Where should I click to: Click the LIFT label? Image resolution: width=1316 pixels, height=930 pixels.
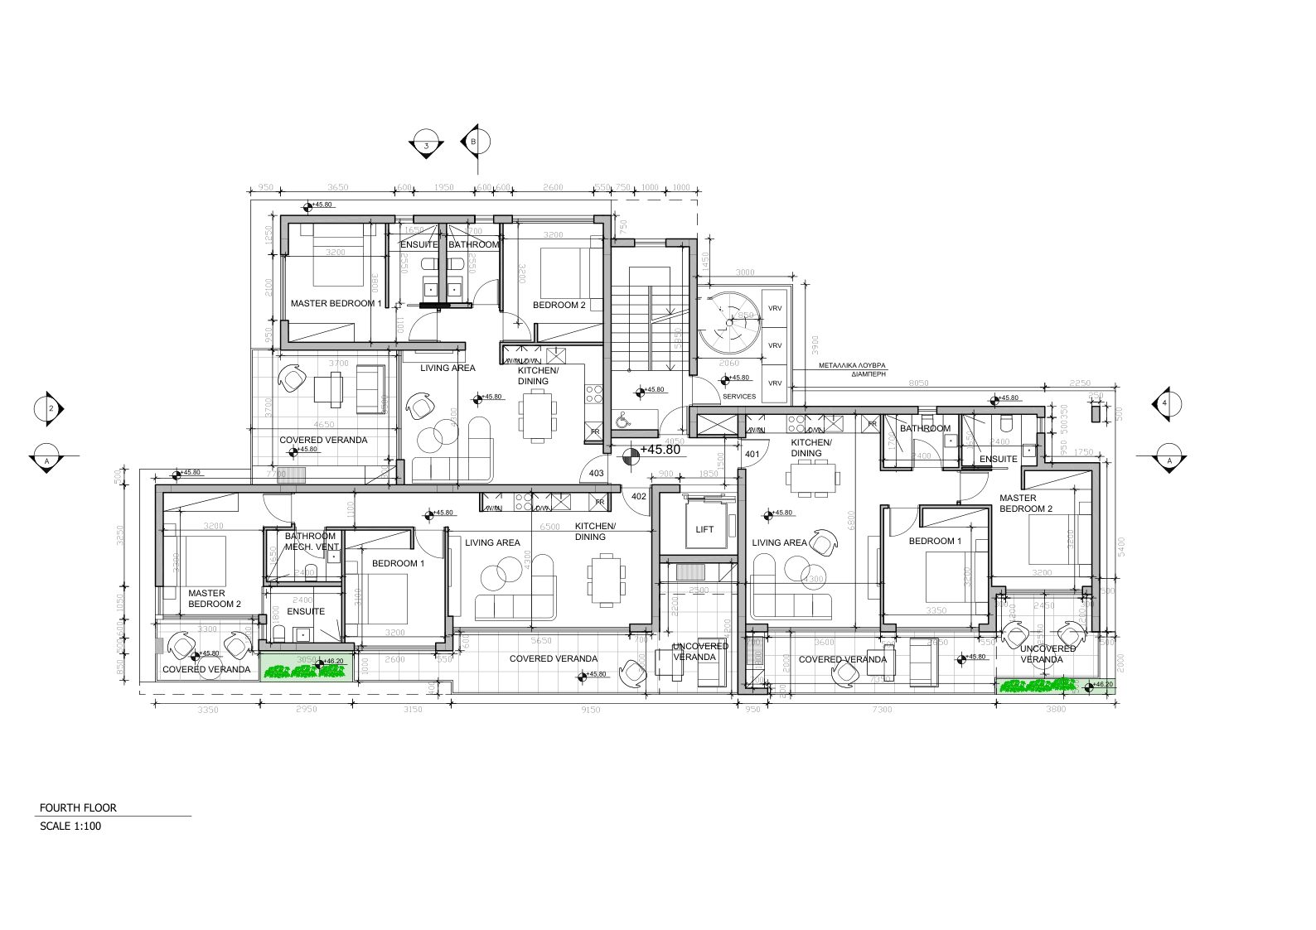(x=704, y=529)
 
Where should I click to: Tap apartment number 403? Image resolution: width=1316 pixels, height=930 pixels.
(x=596, y=474)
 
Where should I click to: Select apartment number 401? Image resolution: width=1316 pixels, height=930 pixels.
(x=752, y=455)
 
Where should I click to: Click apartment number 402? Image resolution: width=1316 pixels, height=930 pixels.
(x=639, y=496)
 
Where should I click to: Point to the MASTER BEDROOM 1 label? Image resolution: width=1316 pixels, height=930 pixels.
(x=336, y=304)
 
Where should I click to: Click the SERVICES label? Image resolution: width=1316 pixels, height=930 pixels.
(x=739, y=397)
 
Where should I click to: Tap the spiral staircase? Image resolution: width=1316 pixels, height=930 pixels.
(x=728, y=323)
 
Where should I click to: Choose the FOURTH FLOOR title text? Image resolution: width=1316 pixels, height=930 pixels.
(x=78, y=807)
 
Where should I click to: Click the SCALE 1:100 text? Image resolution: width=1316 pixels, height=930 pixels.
(x=70, y=826)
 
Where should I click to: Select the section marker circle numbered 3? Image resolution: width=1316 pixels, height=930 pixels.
(x=426, y=144)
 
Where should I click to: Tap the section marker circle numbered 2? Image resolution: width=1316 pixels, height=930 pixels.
(x=49, y=409)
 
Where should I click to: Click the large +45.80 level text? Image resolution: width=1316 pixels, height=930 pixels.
(x=660, y=451)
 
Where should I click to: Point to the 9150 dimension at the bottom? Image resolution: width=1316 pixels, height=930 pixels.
(x=591, y=710)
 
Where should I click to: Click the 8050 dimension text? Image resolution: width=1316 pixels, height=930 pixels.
(x=918, y=383)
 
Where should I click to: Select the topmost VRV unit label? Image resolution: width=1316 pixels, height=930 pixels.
(x=775, y=308)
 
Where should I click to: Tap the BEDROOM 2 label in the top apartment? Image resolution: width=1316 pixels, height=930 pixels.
(x=559, y=305)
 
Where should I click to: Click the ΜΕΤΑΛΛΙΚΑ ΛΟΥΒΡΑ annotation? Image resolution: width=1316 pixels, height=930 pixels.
(x=852, y=364)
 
